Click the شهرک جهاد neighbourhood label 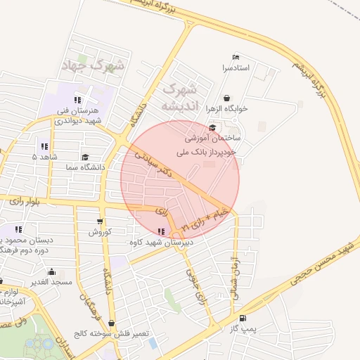coord(93,67)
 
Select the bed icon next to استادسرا coord(236,57)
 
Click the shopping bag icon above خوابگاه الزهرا coord(226,98)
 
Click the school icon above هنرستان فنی coord(77,100)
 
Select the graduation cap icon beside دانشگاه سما coord(86,157)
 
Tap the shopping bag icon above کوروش coord(103,221)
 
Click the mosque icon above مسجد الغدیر coord(51,271)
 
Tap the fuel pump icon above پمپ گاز coord(243,318)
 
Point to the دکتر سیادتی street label coord(153,163)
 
